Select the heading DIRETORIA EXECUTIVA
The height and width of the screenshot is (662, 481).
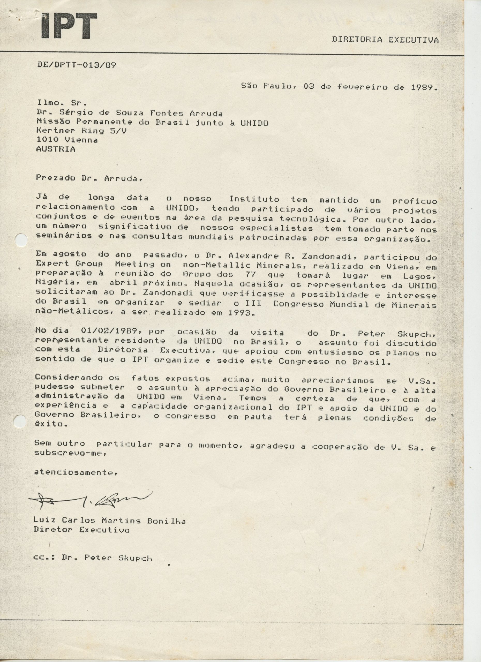tap(385, 40)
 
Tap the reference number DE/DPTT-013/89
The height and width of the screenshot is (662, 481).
tap(77, 65)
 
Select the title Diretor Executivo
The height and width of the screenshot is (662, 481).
tap(81, 530)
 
